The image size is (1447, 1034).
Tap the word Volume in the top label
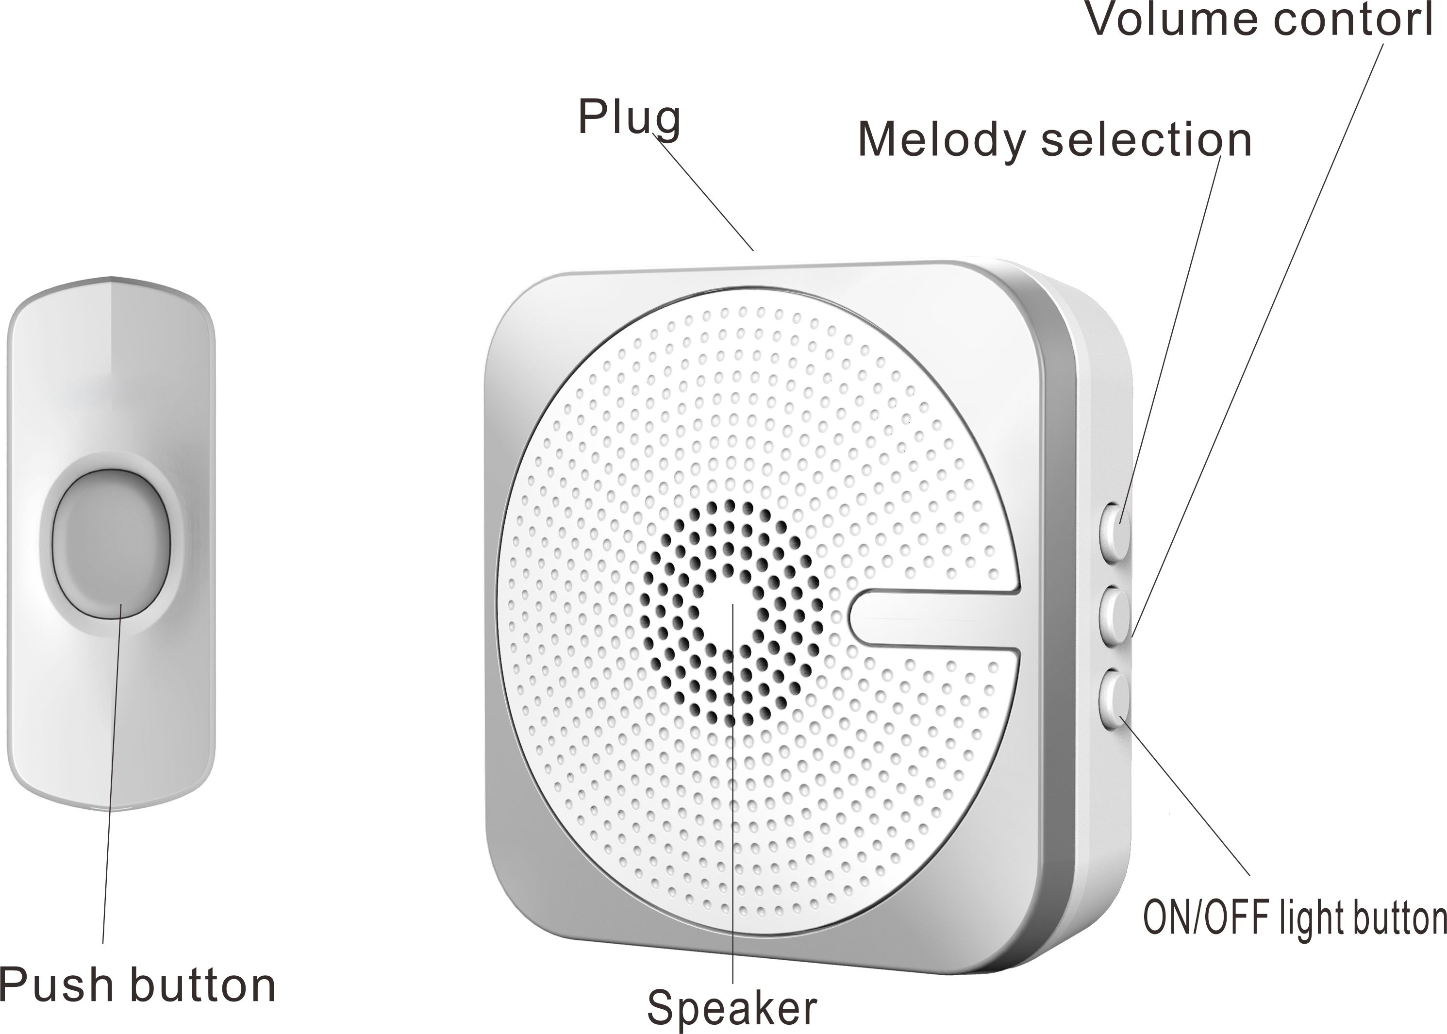(x=1170, y=19)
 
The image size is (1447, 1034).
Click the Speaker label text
(x=732, y=1008)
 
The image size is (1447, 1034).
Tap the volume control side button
(x=1116, y=616)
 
